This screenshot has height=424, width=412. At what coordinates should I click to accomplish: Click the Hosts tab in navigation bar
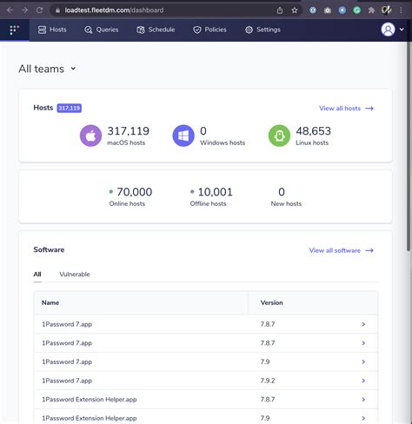coord(52,30)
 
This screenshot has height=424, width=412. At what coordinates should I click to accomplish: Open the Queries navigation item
coord(102,30)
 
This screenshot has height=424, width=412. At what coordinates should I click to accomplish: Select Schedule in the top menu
coord(156,30)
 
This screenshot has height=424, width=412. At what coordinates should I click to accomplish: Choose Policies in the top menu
coord(209,30)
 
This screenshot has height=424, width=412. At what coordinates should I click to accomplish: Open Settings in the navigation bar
coord(262,30)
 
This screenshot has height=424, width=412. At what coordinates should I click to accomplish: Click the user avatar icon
coord(388,30)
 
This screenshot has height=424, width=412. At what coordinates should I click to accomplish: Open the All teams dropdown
coord(48,69)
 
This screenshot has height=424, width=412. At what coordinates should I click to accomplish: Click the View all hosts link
coord(346,109)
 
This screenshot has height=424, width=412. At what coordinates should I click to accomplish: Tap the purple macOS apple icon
coord(91,136)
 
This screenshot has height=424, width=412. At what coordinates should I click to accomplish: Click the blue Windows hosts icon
coord(183,136)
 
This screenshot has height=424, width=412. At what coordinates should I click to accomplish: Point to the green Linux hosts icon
coord(279,136)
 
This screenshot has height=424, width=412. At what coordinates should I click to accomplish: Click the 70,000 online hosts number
coord(133,192)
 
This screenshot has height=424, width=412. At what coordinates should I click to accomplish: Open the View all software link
coord(341,250)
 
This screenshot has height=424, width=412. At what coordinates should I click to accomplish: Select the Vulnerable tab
coord(75,275)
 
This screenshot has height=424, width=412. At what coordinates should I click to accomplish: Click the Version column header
coord(272,303)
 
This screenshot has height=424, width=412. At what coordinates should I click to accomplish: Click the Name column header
coord(50,303)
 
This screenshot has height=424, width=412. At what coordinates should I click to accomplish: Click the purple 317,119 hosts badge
coord(70,109)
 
